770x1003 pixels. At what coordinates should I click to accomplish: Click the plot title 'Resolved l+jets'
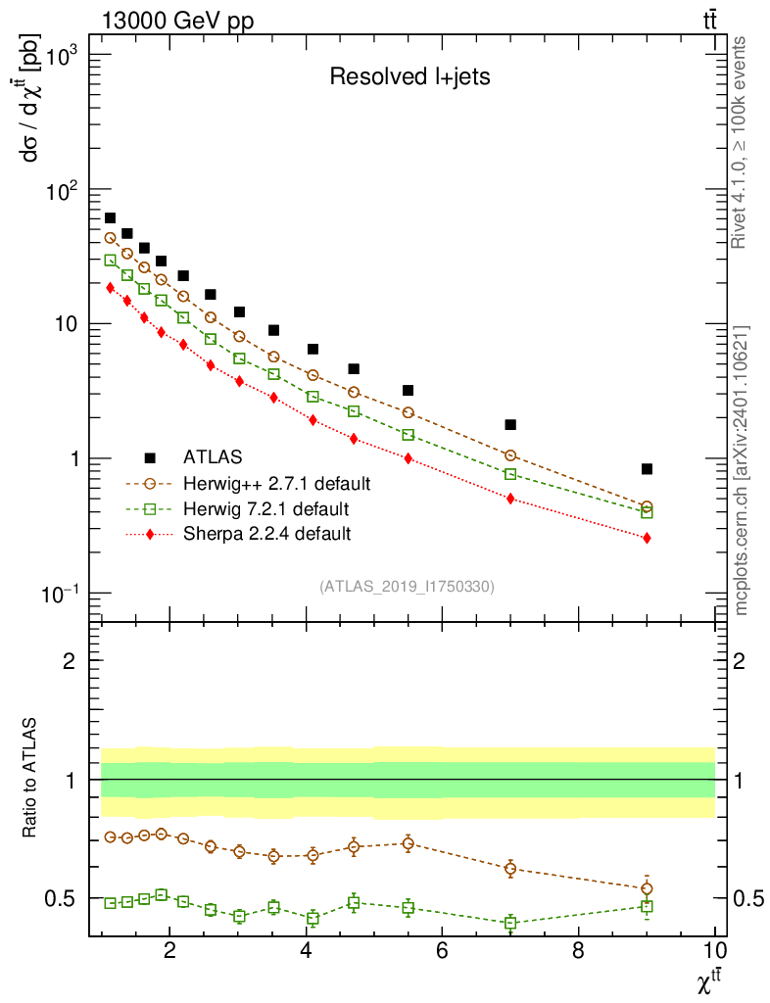(409, 77)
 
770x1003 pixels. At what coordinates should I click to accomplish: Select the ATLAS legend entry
(213, 457)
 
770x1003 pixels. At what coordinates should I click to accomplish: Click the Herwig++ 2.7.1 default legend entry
(275, 484)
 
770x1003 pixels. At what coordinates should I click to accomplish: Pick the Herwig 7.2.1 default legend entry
(265, 509)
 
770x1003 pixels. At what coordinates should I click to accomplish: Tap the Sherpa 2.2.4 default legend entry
(266, 535)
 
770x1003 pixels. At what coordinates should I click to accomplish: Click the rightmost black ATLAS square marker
(647, 469)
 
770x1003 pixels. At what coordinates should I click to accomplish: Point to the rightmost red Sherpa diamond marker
(647, 538)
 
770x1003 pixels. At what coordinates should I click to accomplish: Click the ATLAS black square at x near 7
(510, 425)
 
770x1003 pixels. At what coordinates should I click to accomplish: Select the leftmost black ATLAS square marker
(110, 217)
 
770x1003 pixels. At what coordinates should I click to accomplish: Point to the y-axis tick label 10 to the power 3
(62, 56)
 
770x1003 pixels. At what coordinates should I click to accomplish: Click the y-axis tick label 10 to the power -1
(62, 595)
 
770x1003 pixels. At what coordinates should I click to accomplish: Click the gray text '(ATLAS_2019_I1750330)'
(407, 587)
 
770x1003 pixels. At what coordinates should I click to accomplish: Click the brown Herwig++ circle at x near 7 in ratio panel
(510, 868)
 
